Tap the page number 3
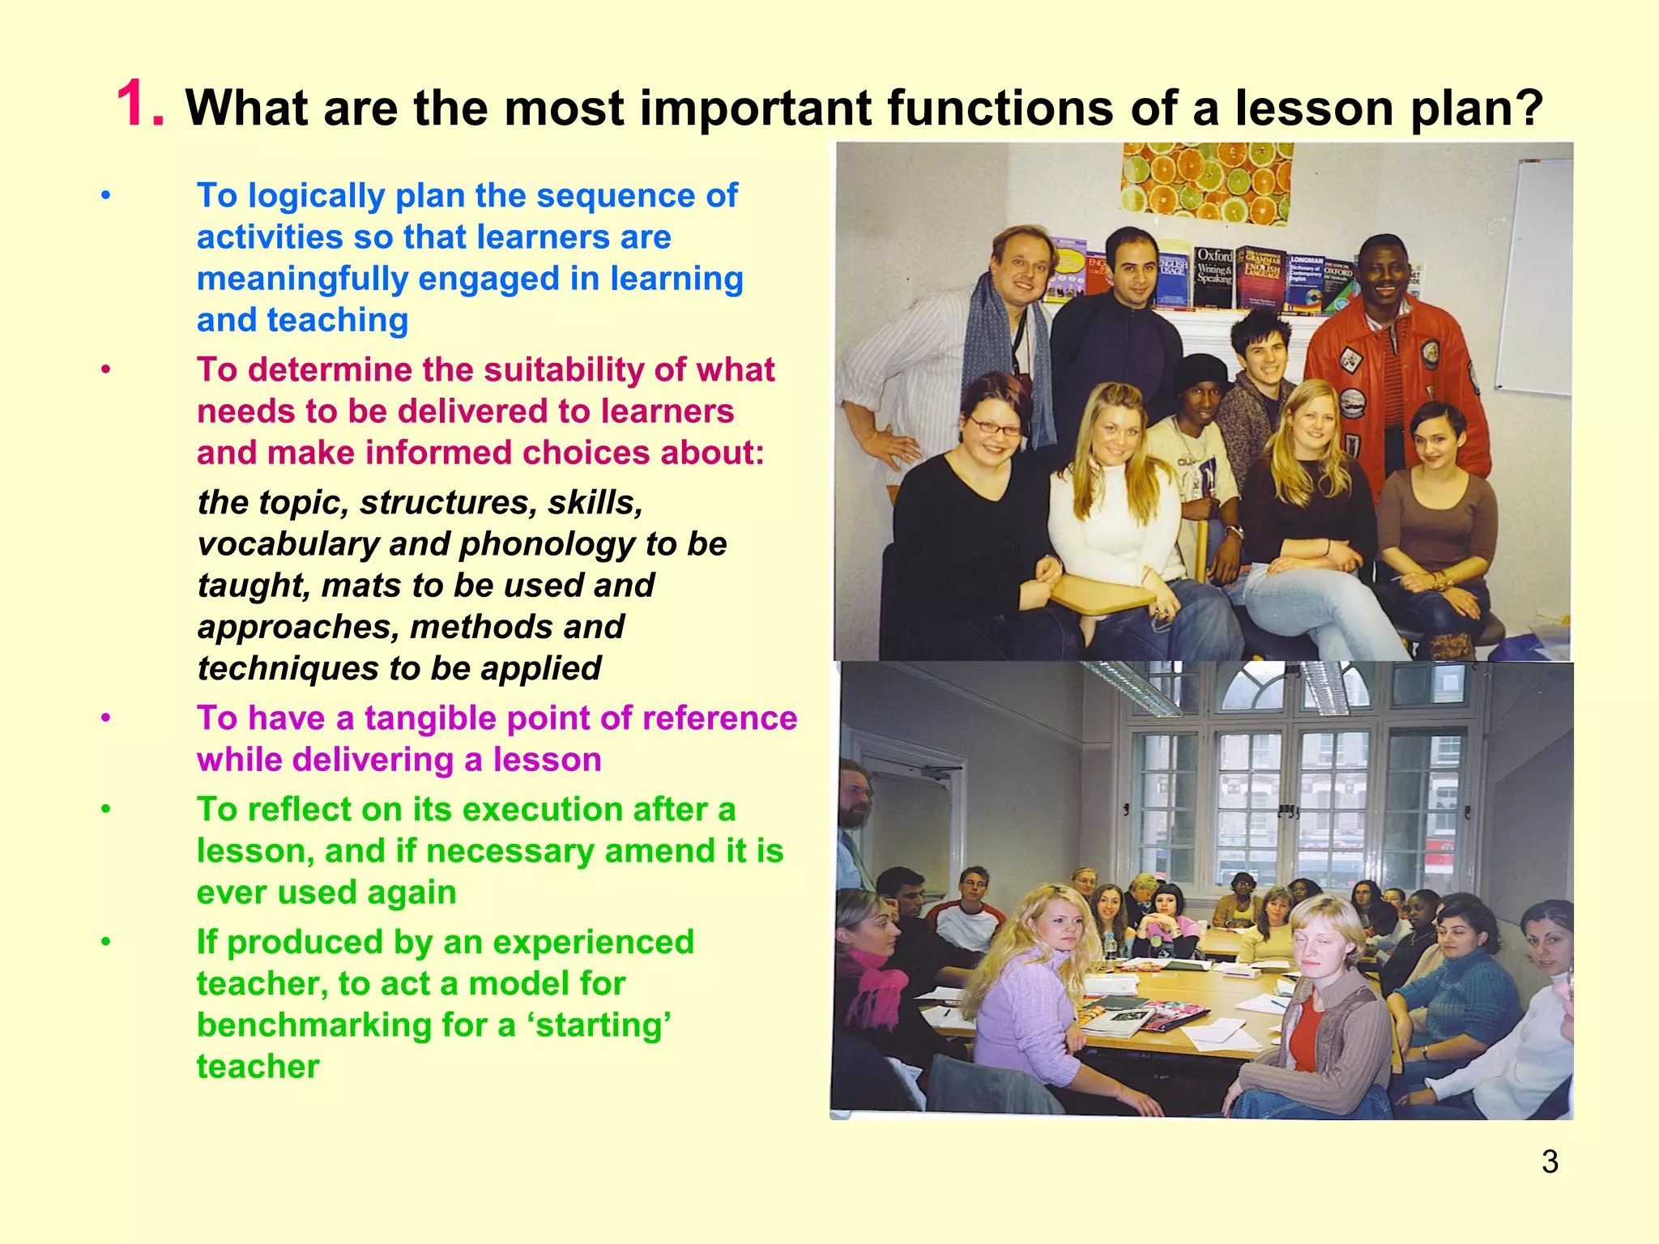coord(1549,1161)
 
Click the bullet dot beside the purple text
coord(105,718)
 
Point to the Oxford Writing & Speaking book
coord(1213,275)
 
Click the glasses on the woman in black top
coord(995,427)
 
